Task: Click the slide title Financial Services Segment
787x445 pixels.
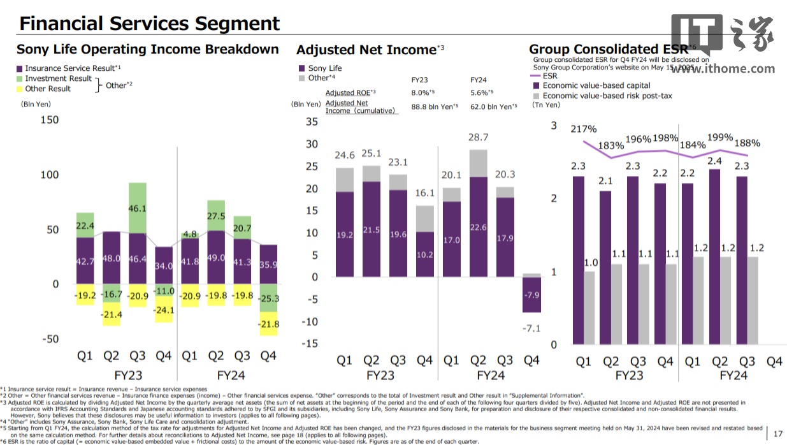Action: tap(149, 24)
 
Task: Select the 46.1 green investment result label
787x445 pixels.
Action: tap(137, 208)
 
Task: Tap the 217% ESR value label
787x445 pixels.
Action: tap(584, 129)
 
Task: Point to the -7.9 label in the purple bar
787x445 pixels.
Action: tap(531, 295)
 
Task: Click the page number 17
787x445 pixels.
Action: tap(777, 434)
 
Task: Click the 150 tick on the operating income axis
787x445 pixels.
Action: tap(49, 120)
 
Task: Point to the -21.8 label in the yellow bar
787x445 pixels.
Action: tap(268, 325)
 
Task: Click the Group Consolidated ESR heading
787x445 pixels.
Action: tap(609, 49)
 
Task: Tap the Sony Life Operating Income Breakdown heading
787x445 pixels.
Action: tap(147, 49)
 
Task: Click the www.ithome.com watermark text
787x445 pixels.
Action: tap(723, 69)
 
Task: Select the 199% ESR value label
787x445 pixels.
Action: tap(719, 138)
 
